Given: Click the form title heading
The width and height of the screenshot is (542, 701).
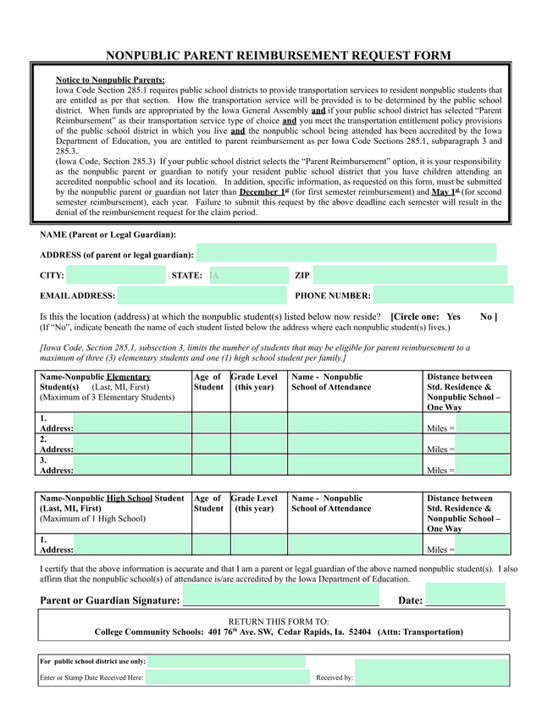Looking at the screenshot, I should pos(278,56).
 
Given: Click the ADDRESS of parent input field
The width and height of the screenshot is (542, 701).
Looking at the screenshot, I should pos(346,253).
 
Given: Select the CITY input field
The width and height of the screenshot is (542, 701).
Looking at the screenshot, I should pos(115,275).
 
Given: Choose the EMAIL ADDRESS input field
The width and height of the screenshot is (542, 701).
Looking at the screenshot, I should pos(202,295).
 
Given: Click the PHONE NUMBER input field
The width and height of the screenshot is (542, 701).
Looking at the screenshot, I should pos(443,295).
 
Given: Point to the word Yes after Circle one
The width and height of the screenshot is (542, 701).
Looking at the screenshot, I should pos(453,316).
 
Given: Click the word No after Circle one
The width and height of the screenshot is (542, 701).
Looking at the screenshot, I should pos(487,316).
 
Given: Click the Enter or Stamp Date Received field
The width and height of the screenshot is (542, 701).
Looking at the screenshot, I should pos(227,676).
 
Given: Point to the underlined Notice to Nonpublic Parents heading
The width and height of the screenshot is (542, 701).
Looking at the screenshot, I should pos(110,80).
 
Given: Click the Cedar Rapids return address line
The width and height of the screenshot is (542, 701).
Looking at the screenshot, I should pos(279,632).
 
